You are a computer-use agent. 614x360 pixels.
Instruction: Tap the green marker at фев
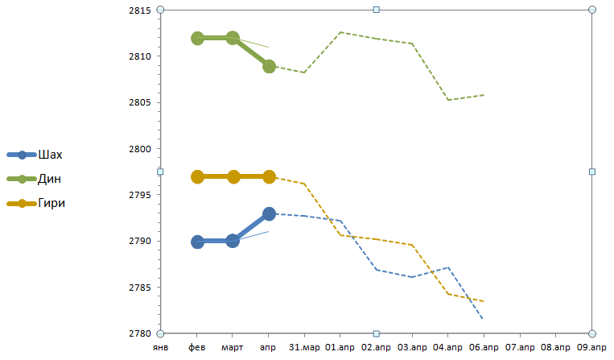(x=197, y=38)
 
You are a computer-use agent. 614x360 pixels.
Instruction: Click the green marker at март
(x=233, y=38)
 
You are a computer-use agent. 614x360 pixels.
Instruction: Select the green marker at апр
(x=269, y=66)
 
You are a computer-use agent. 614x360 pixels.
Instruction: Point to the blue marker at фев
(x=197, y=242)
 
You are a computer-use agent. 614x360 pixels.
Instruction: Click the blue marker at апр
(x=269, y=213)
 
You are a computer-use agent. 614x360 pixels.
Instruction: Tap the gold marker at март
(x=233, y=176)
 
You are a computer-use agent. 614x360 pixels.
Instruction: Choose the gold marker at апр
(x=269, y=176)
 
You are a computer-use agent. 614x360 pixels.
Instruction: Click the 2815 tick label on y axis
(x=141, y=10)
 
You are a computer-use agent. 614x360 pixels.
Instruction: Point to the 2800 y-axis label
(x=141, y=149)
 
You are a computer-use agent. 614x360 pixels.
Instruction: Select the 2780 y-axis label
(x=141, y=333)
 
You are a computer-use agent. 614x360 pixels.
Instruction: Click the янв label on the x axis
(x=161, y=348)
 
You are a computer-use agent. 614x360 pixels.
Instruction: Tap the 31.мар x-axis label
(x=304, y=348)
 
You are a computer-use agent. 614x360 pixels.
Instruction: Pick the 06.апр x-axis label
(x=484, y=348)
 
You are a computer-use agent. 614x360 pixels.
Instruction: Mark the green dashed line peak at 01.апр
(x=340, y=32)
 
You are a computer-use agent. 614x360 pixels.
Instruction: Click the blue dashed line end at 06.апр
(x=483, y=319)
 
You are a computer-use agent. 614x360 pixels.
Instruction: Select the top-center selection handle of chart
(x=376, y=10)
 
